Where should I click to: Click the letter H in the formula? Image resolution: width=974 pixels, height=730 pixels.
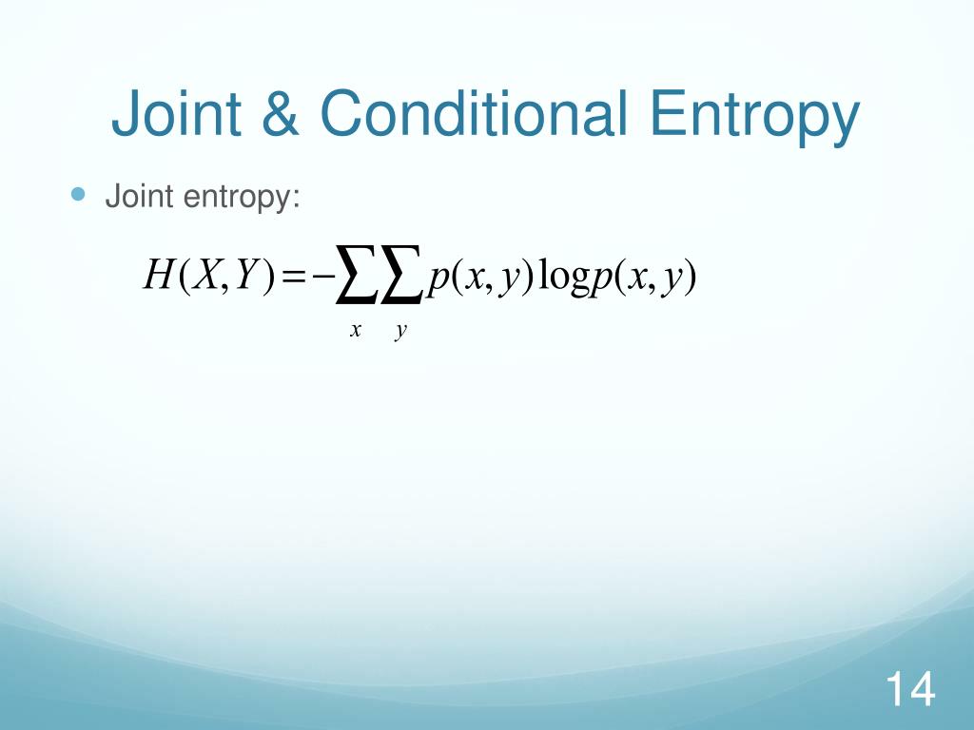point(156,277)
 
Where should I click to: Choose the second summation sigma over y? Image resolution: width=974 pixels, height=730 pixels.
point(402,279)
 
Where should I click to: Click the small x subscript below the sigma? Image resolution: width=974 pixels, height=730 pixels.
point(355,330)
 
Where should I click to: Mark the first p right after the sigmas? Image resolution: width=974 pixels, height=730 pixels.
point(438,279)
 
